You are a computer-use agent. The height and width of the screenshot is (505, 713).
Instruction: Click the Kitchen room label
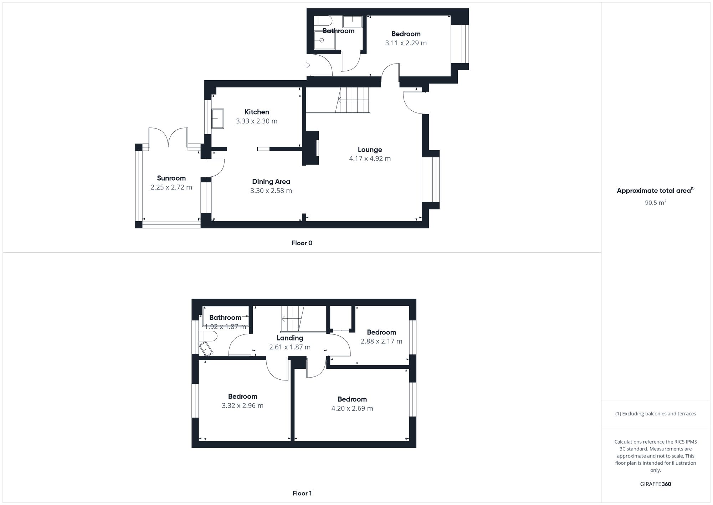[257, 112]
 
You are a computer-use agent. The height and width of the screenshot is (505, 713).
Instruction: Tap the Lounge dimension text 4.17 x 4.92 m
[370, 158]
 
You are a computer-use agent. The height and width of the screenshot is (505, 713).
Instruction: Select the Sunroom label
[171, 178]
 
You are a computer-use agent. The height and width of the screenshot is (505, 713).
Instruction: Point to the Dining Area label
[271, 181]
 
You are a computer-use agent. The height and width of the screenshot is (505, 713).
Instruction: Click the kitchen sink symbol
[217, 118]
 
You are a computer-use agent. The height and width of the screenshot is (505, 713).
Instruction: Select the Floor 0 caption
[302, 243]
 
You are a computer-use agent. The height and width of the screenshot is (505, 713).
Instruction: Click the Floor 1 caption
[302, 493]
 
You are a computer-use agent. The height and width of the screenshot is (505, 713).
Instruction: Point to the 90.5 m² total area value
[655, 203]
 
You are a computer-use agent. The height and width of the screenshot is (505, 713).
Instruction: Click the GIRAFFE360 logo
[655, 484]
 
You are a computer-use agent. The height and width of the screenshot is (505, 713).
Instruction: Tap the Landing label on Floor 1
[290, 338]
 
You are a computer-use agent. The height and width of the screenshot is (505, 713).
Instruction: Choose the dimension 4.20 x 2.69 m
[352, 408]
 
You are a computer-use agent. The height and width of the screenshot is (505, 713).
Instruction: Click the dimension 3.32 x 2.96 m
[242, 405]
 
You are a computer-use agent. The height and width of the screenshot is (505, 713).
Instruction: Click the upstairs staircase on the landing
[292, 318]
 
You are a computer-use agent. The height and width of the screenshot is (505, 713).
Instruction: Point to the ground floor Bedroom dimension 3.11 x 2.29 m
[406, 43]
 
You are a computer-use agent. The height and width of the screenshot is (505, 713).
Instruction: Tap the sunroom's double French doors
[168, 137]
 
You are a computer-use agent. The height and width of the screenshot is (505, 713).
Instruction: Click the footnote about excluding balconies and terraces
[655, 414]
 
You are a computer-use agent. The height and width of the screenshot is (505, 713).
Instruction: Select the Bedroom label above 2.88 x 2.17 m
[381, 332]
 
